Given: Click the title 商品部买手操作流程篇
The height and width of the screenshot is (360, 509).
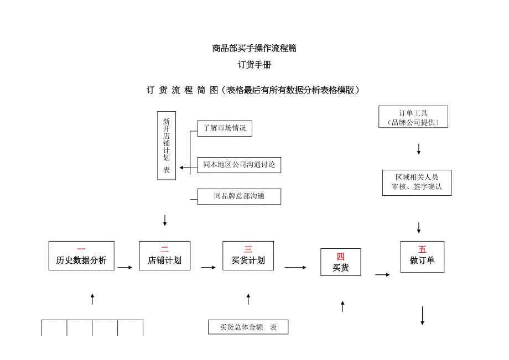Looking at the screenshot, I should tap(254, 48).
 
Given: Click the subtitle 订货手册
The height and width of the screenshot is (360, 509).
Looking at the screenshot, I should tap(254, 65).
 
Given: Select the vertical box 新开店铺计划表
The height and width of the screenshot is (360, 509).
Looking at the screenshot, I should tap(167, 145).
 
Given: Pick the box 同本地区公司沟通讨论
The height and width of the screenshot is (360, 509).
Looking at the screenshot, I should tap(239, 164).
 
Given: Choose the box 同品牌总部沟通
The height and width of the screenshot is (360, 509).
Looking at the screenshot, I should tap(239, 196).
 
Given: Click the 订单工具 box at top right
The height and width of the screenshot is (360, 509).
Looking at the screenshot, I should tap(413, 117).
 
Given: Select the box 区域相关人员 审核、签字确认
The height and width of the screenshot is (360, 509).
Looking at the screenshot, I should tap(417, 182).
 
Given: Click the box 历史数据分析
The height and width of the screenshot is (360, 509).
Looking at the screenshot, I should tap(81, 255).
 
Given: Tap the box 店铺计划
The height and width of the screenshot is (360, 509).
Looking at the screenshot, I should tap(164, 255).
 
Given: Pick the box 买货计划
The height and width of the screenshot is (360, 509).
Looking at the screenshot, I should tap(248, 255).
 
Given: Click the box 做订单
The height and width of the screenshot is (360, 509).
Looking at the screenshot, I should tap(422, 256).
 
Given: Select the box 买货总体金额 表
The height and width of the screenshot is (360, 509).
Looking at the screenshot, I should tap(248, 327).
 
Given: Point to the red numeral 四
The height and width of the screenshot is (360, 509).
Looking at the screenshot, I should tap(341, 257).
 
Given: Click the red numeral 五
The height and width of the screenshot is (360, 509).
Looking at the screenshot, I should tap(423, 249).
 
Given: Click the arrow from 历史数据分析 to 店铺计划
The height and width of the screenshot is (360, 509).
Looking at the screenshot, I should tap(125, 268).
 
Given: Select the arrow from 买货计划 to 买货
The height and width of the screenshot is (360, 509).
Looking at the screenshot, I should tap(295, 268).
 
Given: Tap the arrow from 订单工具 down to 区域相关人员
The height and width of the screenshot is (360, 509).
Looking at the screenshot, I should tap(419, 149).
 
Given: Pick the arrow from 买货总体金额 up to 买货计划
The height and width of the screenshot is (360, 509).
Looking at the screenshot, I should tap(248, 299).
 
